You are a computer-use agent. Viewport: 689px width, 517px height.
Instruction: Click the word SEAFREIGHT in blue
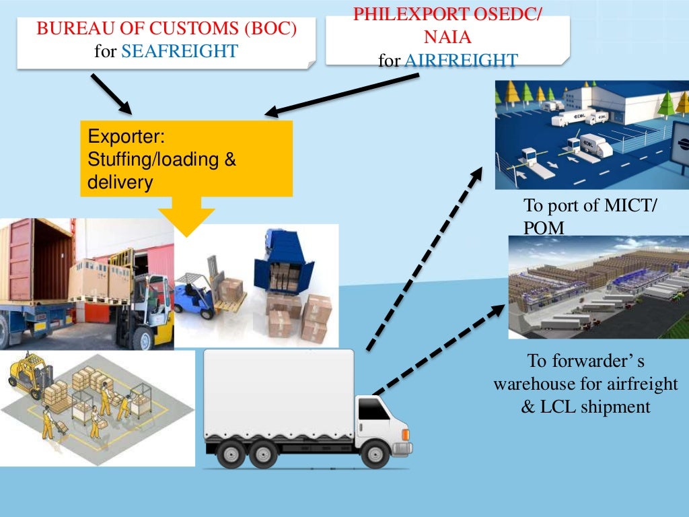pos(180,51)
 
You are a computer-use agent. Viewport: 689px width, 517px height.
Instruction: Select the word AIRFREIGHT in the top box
pos(461,61)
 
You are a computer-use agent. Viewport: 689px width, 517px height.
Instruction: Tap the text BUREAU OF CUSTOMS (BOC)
pos(167,30)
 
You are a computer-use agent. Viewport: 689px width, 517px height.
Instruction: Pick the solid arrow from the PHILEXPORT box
pos(342,94)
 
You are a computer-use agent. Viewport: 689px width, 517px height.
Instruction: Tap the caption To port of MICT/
pos(589,206)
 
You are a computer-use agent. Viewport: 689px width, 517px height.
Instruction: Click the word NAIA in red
pos(447,38)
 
